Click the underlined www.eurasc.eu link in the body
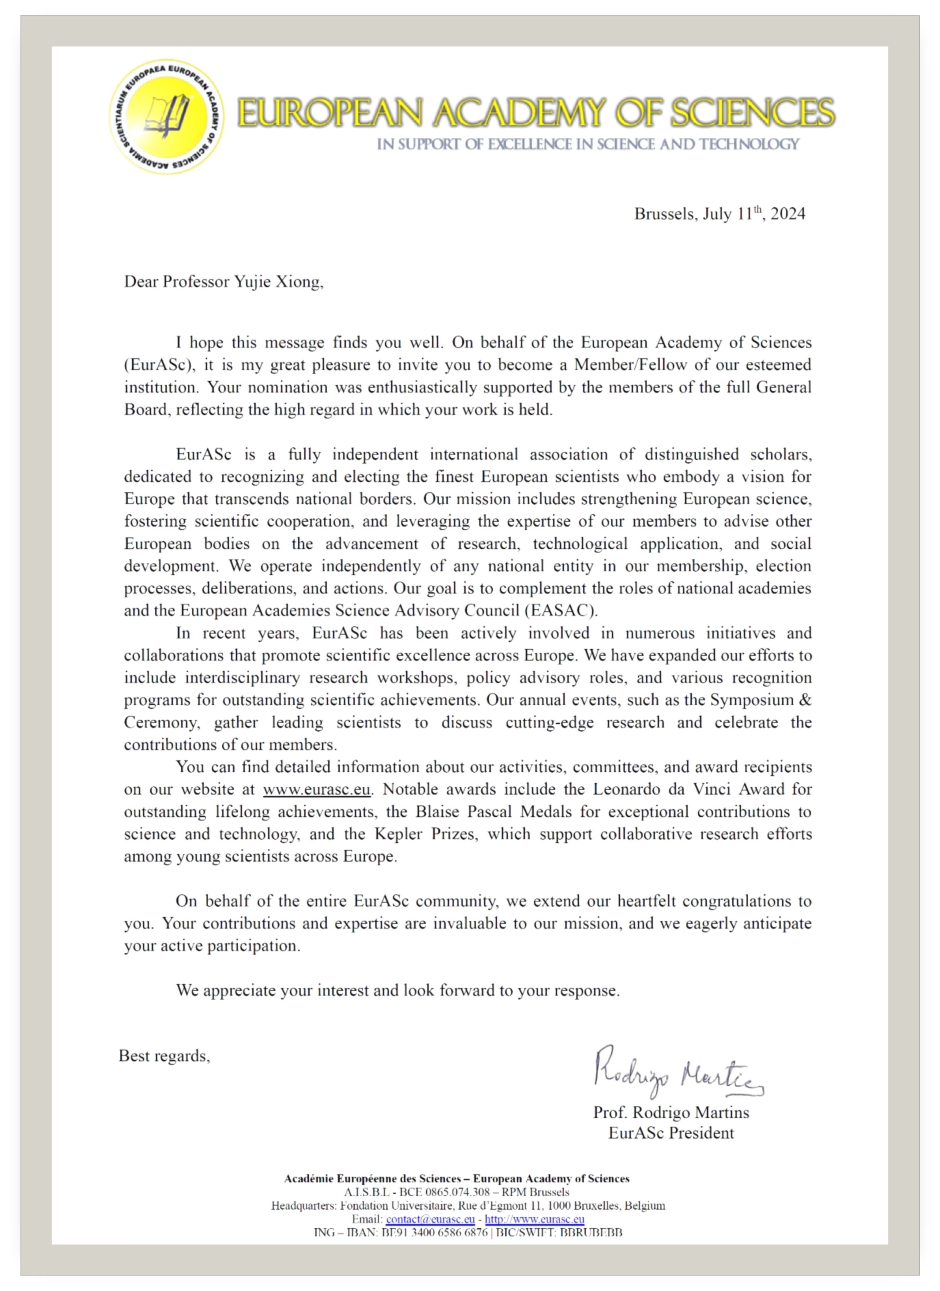[316, 790]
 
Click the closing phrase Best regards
[164, 1057]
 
